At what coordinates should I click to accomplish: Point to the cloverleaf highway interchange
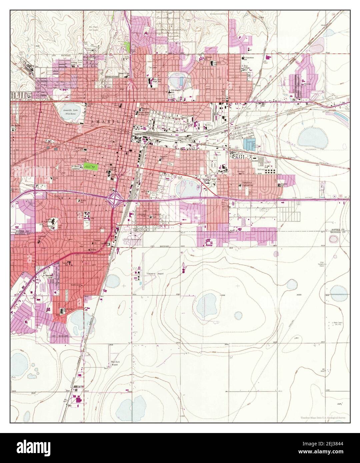115,200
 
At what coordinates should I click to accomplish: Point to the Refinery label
261,170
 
